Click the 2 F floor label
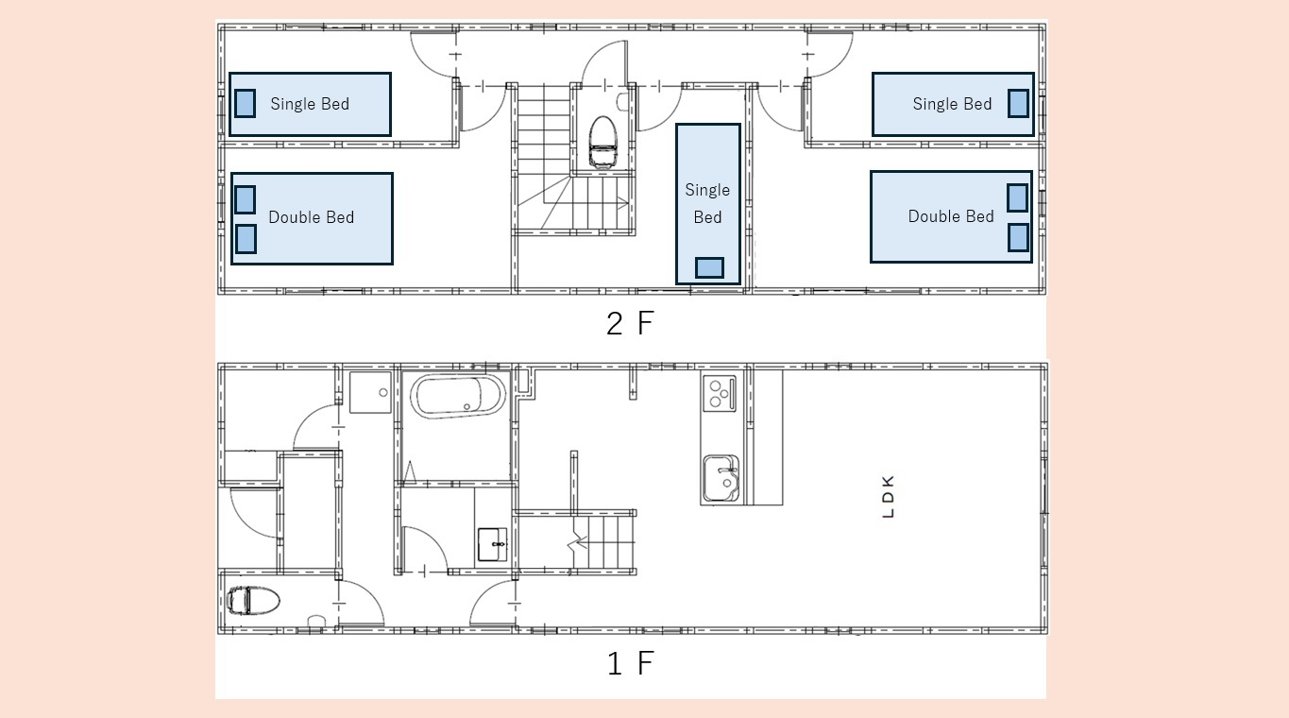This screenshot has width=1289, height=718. tap(630, 323)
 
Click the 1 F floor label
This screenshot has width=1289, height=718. tap(630, 662)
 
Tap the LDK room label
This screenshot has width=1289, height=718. tap(888, 496)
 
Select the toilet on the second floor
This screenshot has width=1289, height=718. tap(602, 142)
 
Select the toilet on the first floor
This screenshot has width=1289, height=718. tap(253, 600)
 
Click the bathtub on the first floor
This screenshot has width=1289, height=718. tap(457, 396)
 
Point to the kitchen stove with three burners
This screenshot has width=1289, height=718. tap(720, 393)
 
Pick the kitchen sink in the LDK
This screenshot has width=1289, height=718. tap(721, 478)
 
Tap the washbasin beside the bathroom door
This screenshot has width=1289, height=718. tap(492, 544)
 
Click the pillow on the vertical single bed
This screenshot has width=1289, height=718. tap(709, 267)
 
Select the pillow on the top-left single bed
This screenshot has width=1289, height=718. tap(246, 104)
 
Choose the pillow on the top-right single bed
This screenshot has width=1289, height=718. tap(1018, 104)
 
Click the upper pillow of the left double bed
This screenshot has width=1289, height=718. tap(246, 199)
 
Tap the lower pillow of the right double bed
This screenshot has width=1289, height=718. tap(1018, 237)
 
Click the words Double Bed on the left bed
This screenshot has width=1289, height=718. tap(312, 217)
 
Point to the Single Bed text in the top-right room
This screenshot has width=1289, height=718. tap(953, 104)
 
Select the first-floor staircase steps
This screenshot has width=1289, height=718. tap(604, 542)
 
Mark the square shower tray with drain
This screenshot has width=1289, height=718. tap(370, 392)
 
